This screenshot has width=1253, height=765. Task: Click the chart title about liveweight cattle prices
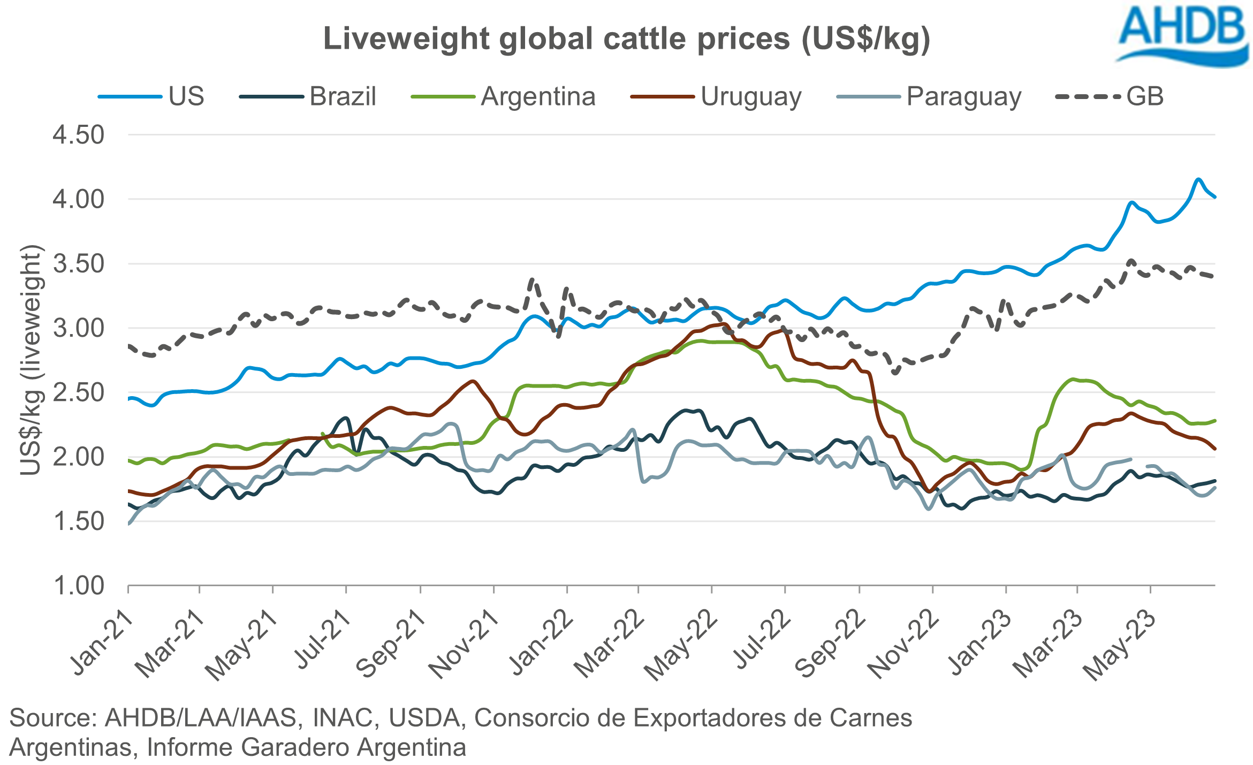626,39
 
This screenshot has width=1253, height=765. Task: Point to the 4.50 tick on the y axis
78,135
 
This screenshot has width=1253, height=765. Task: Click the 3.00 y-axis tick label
78,328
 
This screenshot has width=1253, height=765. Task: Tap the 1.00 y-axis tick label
78,586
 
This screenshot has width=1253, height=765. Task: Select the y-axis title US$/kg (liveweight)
30,360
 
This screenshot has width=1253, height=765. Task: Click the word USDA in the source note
424,718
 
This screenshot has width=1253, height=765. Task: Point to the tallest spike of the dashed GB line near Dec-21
532,280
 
